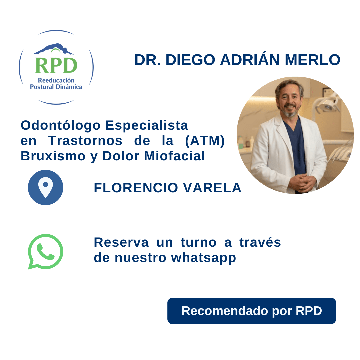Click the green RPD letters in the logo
(56, 65)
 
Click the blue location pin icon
(46, 187)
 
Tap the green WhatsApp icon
(45, 251)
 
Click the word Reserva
(121, 242)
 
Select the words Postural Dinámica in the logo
(56, 87)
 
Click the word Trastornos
(85, 141)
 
